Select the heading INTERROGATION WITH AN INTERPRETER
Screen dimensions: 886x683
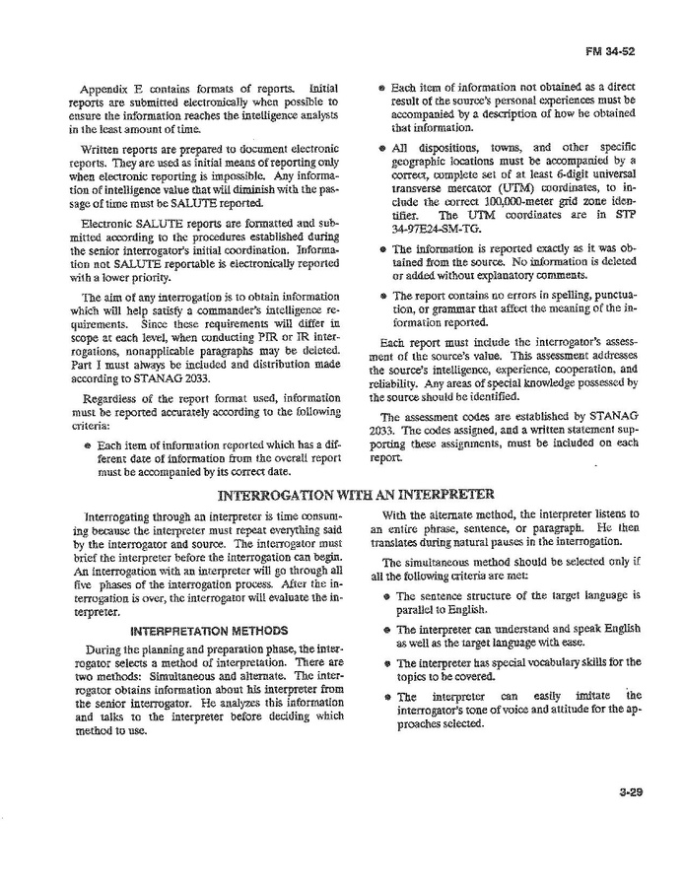pos(355,494)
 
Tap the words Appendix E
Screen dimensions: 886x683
pos(126,88)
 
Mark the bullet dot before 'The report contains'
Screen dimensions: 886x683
pos(381,296)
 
